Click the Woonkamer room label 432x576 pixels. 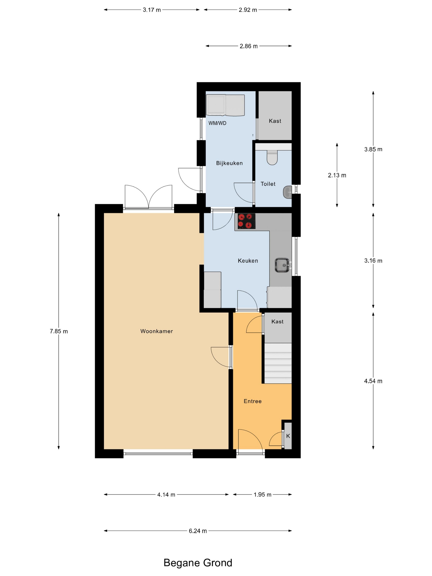157,331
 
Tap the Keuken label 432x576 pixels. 248,261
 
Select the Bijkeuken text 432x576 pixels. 229,163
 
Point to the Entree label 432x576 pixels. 253,401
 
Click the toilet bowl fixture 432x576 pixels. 272,157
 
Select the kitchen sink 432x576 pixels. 282,265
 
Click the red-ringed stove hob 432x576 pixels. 246,221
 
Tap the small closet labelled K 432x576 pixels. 288,436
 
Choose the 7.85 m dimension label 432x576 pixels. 59,331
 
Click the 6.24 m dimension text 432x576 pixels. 198,531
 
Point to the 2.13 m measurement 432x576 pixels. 337,175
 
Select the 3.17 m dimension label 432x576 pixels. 152,10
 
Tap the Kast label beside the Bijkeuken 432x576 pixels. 275,121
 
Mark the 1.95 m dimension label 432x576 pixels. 262,495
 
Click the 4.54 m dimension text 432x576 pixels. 373,381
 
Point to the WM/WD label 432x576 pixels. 217,123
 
